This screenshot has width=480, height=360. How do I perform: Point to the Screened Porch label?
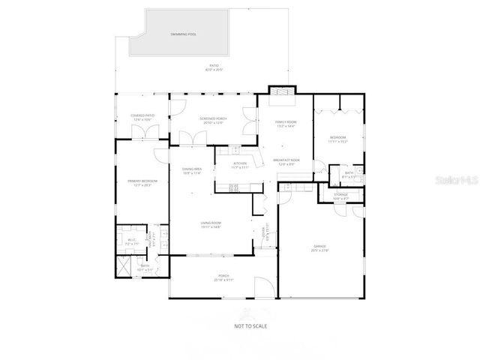tap(212, 120)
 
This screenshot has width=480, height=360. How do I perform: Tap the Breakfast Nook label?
tap(286, 161)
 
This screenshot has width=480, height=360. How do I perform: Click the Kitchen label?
tap(240, 165)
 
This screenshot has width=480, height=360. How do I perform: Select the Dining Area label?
tap(192, 170)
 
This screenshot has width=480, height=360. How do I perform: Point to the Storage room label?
tap(340, 196)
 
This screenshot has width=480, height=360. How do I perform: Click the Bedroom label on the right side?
tap(337, 139)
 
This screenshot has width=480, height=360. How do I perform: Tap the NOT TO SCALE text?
tap(250, 325)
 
